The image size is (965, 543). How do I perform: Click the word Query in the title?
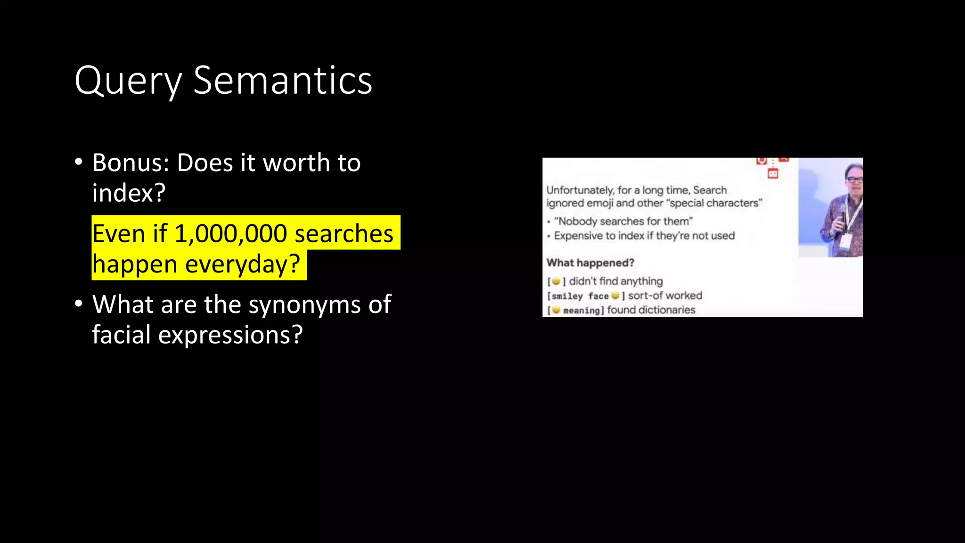tap(128, 81)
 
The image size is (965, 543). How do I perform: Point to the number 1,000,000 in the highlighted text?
tap(230, 234)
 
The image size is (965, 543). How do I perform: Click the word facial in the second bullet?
tap(122, 335)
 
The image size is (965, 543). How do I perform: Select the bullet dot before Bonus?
tap(79, 162)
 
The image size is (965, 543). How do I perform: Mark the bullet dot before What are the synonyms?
tap(79, 304)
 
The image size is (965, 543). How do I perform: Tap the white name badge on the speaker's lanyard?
tap(845, 241)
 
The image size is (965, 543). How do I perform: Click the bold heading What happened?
tap(590, 263)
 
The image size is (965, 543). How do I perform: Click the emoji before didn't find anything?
tap(556, 281)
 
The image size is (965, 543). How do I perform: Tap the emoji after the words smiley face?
tap(615, 296)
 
